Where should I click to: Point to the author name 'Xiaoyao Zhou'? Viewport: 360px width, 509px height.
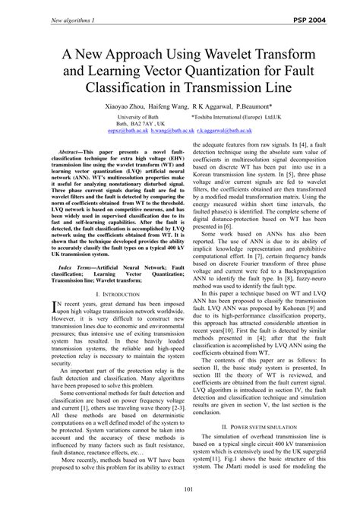(121, 107)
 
